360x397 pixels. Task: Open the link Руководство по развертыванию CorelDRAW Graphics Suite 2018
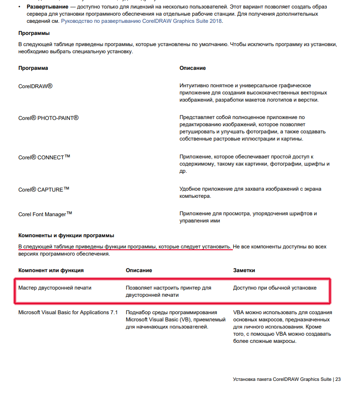pyautogui.click(x=141, y=21)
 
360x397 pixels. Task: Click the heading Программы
pyautogui.click(x=34, y=33)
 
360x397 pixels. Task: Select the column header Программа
pyautogui.click(x=33, y=68)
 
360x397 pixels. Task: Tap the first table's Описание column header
pyautogui.click(x=193, y=68)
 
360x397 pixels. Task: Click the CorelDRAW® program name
pyautogui.click(x=35, y=85)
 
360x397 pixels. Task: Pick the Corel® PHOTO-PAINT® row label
pyautogui.click(x=48, y=118)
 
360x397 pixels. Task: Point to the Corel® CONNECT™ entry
pyautogui.click(x=44, y=157)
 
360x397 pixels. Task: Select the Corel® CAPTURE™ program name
pyautogui.click(x=43, y=189)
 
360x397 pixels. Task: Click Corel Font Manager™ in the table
pyautogui.click(x=45, y=214)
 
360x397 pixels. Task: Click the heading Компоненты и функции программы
pyautogui.click(x=66, y=235)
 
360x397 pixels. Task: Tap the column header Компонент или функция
pyautogui.click(x=51, y=270)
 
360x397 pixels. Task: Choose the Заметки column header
pyautogui.click(x=244, y=270)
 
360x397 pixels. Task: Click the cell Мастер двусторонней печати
pyautogui.click(x=55, y=288)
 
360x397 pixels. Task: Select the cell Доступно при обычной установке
pyautogui.click(x=274, y=288)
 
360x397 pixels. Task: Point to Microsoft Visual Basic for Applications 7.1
pyautogui.click(x=68, y=312)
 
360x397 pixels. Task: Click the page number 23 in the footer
pyautogui.click(x=338, y=380)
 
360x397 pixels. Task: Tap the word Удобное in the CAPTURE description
pyautogui.click(x=190, y=189)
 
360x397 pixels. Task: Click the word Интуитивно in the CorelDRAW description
pyautogui.click(x=194, y=85)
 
